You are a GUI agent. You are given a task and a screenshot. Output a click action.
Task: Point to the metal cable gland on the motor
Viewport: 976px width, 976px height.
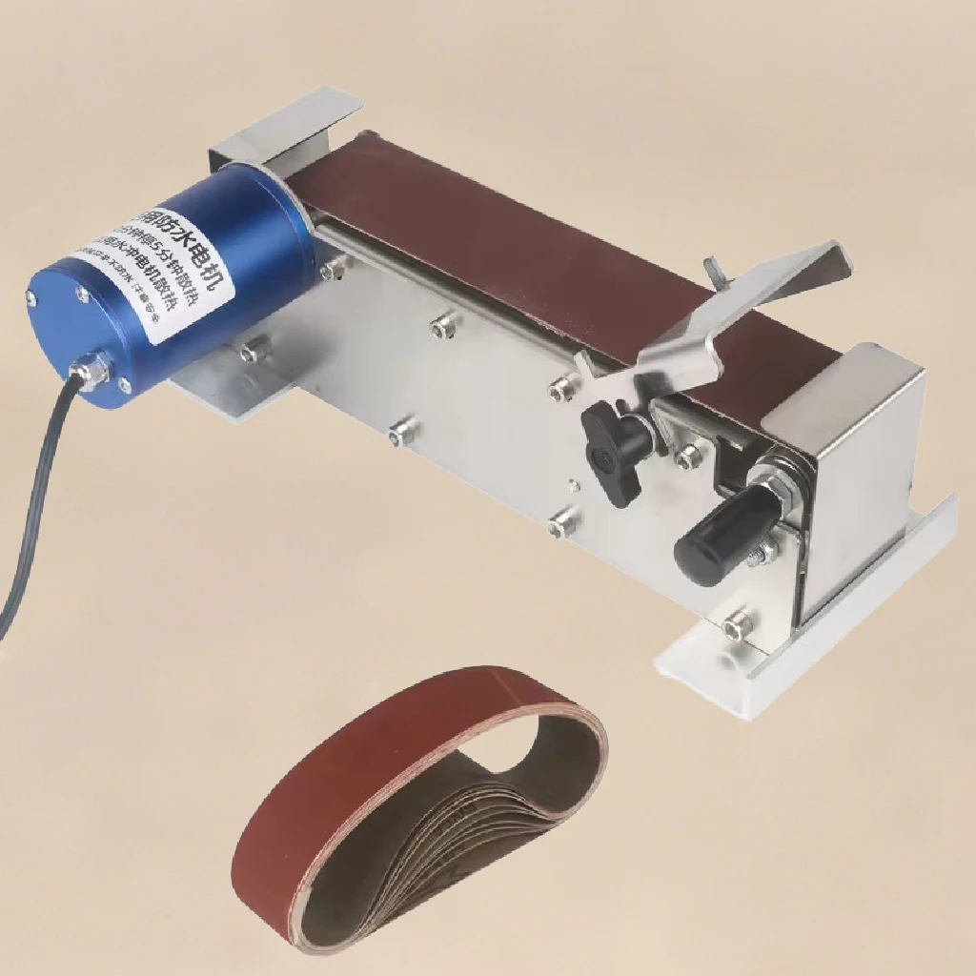pyautogui.click(x=92, y=370)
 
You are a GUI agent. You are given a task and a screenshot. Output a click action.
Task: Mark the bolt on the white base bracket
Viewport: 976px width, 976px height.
pyautogui.click(x=737, y=624)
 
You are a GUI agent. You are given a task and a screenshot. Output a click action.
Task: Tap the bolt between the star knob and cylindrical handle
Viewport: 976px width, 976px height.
pyautogui.click(x=687, y=458)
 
